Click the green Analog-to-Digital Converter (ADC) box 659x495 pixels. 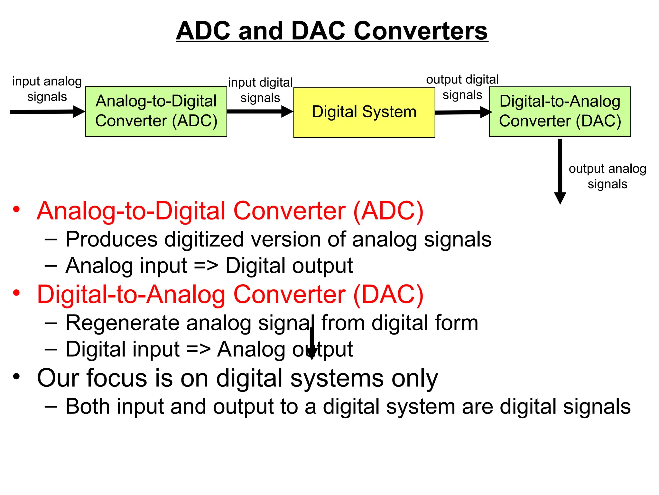pos(156,111)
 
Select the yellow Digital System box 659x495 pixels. pos(364,112)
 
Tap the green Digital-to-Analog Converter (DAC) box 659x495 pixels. pos(560,112)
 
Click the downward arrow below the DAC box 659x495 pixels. pos(560,171)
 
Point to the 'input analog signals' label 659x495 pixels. pos(47,89)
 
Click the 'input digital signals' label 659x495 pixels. pos(260,90)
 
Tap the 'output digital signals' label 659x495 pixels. pos(462,87)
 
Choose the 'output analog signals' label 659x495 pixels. pos(608,176)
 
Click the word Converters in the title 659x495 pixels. pos(421,31)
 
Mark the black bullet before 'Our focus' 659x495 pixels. pos(16,376)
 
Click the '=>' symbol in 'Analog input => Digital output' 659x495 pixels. pos(206,266)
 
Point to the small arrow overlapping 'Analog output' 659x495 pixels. pos(311,344)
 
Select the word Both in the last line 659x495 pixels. pos(88,406)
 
